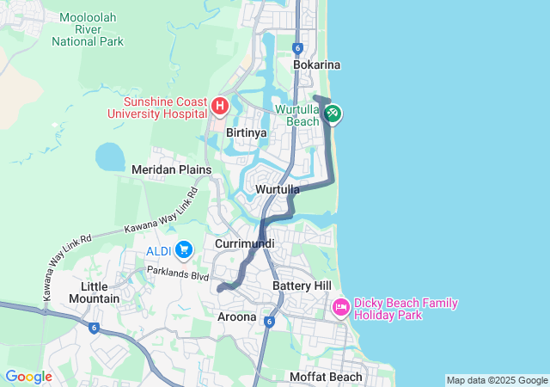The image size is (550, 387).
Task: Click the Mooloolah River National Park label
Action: [87, 29]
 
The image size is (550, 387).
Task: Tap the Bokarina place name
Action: [317, 64]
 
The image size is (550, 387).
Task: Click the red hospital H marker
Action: [219, 107]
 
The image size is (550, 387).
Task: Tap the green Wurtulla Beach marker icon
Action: [333, 113]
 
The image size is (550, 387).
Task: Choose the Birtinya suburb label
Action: [246, 133]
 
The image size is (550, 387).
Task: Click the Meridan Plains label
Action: [171, 170]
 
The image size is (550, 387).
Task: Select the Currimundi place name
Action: [245, 244]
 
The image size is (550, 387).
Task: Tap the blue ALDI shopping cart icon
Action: [183, 249]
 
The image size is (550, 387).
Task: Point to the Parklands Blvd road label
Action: [177, 276]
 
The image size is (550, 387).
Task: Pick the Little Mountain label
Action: [100, 292]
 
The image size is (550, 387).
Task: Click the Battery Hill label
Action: [302, 285]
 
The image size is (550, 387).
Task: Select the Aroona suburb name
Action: [235, 316]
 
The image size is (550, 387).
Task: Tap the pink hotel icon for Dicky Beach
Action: [340, 307]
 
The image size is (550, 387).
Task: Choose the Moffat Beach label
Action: [326, 377]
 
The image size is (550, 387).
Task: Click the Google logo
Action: [28, 377]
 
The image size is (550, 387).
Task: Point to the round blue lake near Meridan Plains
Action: [110, 157]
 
